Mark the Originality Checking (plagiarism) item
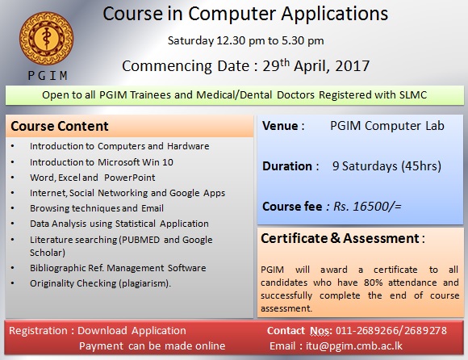pos(101,283)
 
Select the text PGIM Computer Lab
pos(387,127)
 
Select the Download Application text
pos(132,331)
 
